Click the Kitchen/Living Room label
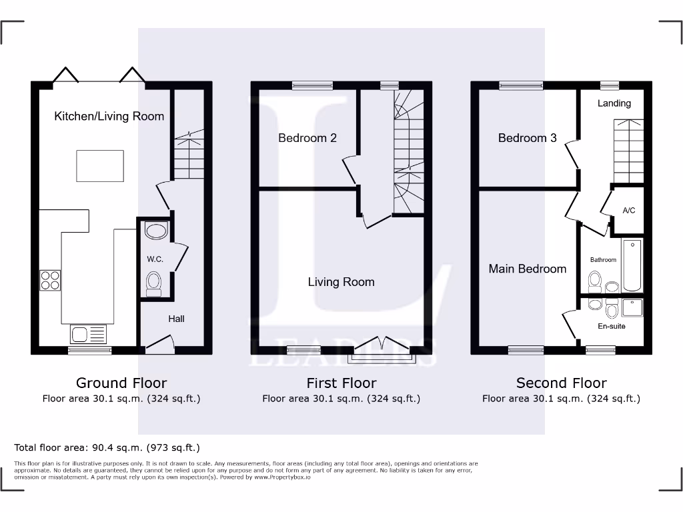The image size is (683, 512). [109, 116]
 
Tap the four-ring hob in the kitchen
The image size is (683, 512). [50, 280]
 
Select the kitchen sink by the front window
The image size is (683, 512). [87, 333]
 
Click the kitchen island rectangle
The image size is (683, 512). [100, 166]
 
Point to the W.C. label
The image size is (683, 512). [155, 259]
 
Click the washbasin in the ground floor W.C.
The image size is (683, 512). [155, 231]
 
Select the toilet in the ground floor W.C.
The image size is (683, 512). [154, 283]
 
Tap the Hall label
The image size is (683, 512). [176, 319]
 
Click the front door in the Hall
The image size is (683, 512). [159, 344]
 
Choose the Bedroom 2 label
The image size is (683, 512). [307, 138]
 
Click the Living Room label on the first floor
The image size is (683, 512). [341, 282]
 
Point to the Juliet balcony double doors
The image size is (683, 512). [382, 345]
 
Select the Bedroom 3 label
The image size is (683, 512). [527, 138]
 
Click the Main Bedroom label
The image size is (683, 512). [527, 269]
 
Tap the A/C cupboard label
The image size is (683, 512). [628, 211]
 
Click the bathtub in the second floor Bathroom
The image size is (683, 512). [632, 265]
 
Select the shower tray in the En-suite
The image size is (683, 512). [632, 307]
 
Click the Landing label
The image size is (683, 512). [614, 103]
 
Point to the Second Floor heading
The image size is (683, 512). [561, 383]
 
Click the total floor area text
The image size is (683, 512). [107, 447]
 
